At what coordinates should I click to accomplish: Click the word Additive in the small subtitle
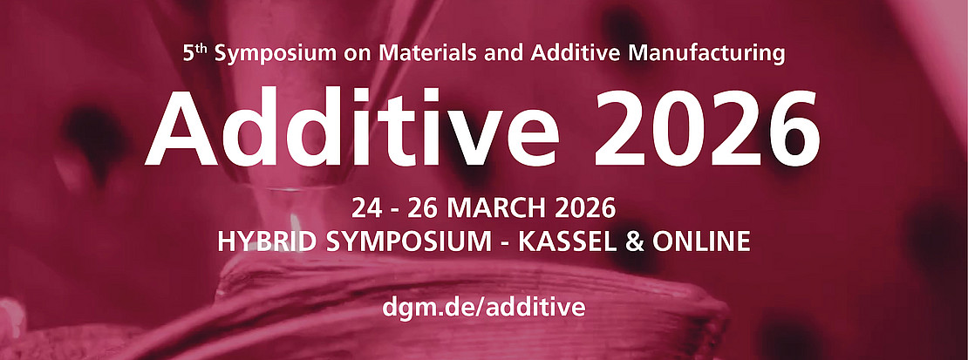pyautogui.click(x=577, y=53)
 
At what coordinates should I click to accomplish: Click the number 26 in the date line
pyautogui.click(x=425, y=209)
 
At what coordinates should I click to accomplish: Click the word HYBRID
pyautogui.click(x=266, y=241)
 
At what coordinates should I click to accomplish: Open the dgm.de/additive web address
pyautogui.click(x=483, y=308)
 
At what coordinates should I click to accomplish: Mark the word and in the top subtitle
pyautogui.click(x=492, y=53)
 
